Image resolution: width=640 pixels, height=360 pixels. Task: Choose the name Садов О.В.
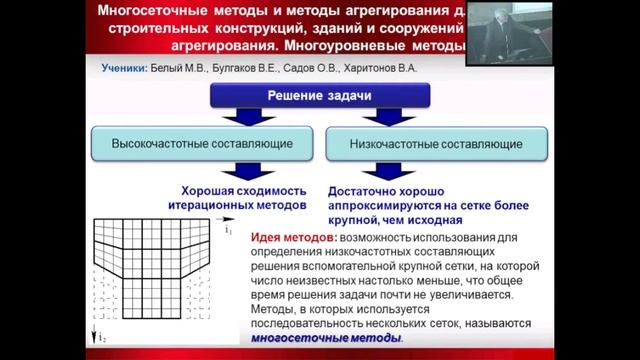317,71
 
